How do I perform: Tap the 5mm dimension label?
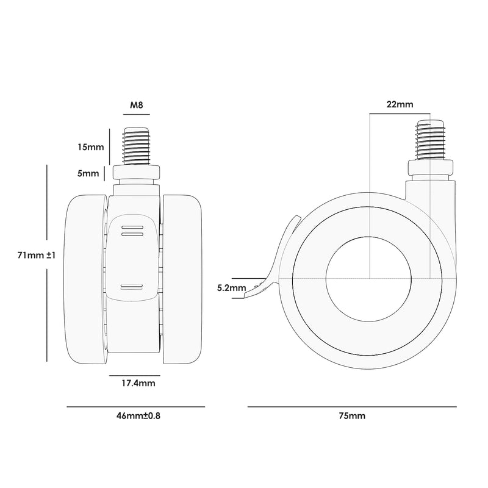tap(89, 173)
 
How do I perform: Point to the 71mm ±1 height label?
tap(37, 256)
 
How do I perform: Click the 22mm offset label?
tap(400, 104)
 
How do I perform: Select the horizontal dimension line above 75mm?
tap(352, 406)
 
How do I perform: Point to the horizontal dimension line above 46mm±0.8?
tap(135, 406)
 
